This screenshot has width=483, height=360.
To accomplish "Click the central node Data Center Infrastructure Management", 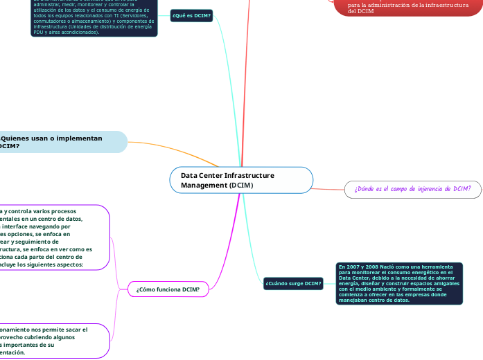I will [241, 180].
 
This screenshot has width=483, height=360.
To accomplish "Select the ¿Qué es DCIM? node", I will [191, 15].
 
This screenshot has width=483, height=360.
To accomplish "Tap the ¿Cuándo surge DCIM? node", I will [292, 283].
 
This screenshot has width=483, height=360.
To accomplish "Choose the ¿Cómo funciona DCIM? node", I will [168, 289].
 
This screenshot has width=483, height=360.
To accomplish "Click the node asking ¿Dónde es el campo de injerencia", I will [412, 188].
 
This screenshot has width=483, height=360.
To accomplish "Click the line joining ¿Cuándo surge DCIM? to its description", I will [328, 283].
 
